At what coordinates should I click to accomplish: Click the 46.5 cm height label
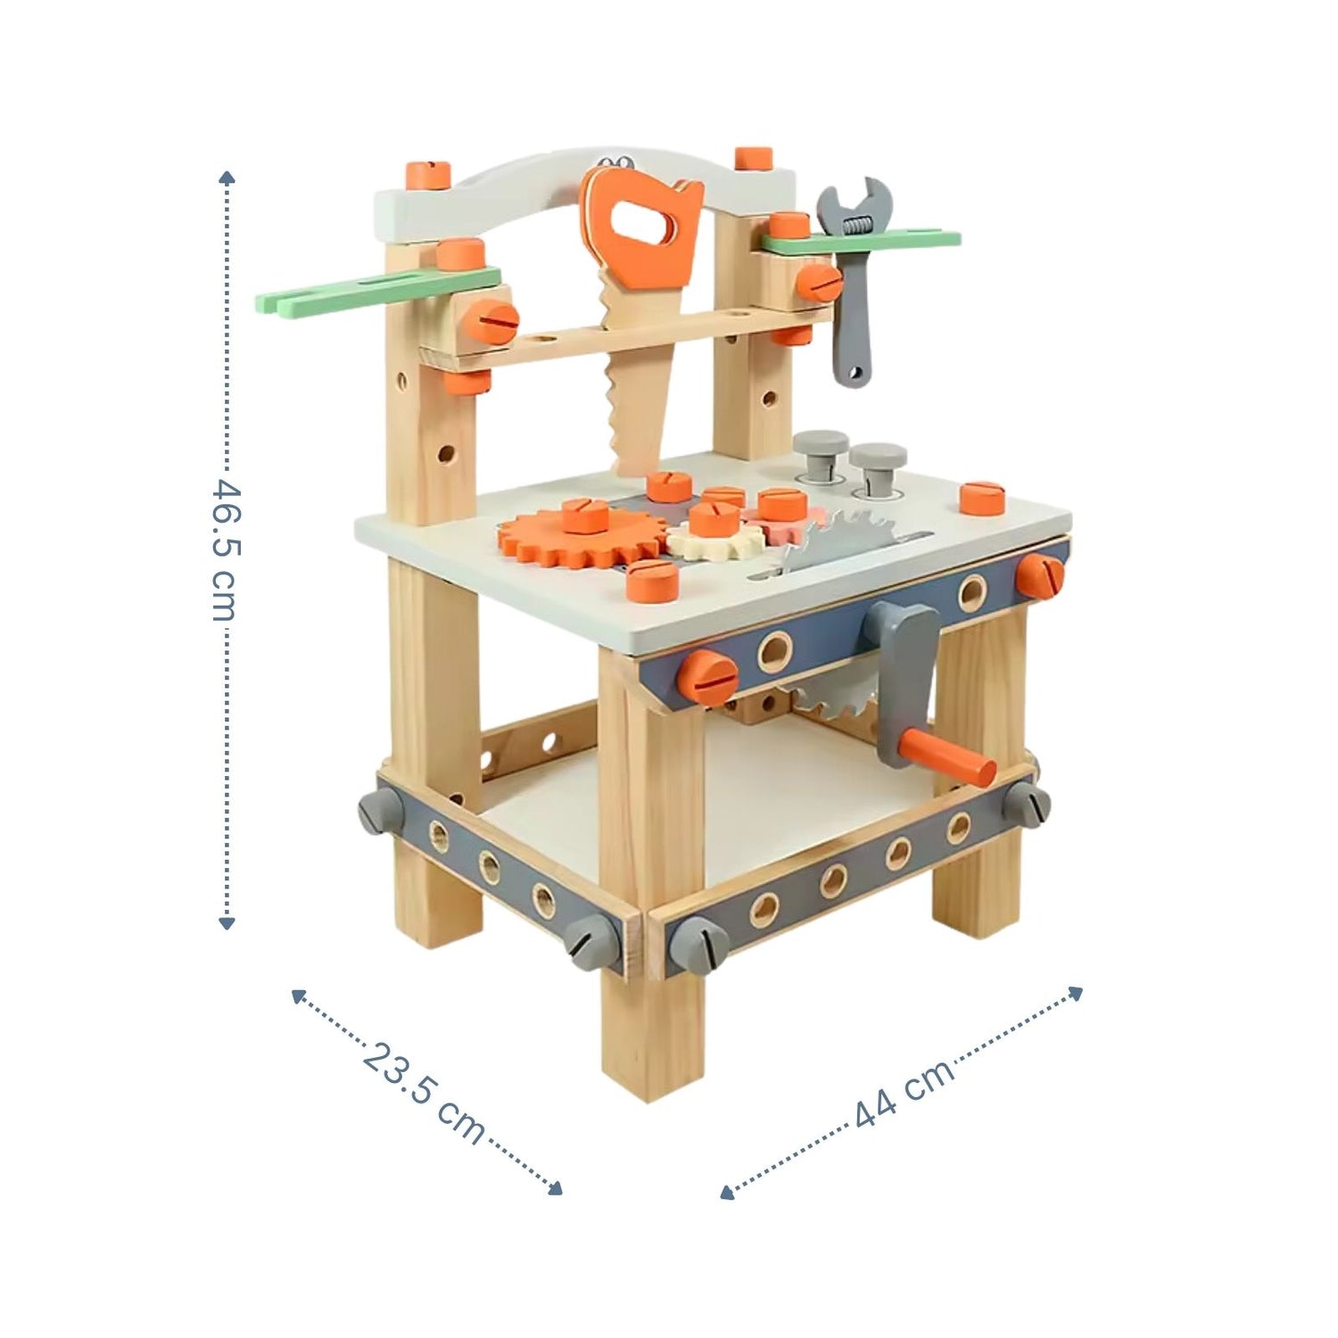coord(226,550)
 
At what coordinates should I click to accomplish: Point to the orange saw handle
coord(640,231)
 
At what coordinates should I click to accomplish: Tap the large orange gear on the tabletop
coord(580,538)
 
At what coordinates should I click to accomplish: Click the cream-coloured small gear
coord(715,539)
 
